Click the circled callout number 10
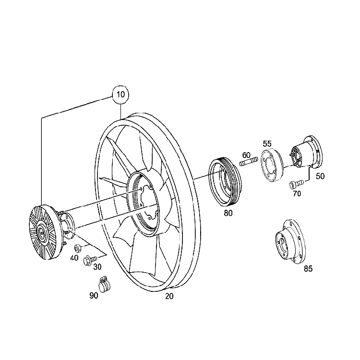(x=120, y=94)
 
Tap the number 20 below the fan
(x=169, y=296)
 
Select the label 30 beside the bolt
(x=97, y=267)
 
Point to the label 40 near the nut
(x=74, y=258)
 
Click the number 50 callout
(x=320, y=176)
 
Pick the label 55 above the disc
(x=267, y=143)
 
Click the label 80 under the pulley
(x=228, y=213)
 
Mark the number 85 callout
(x=308, y=269)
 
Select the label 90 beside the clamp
(x=94, y=295)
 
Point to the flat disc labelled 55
(x=271, y=166)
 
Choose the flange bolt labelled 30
(x=88, y=261)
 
